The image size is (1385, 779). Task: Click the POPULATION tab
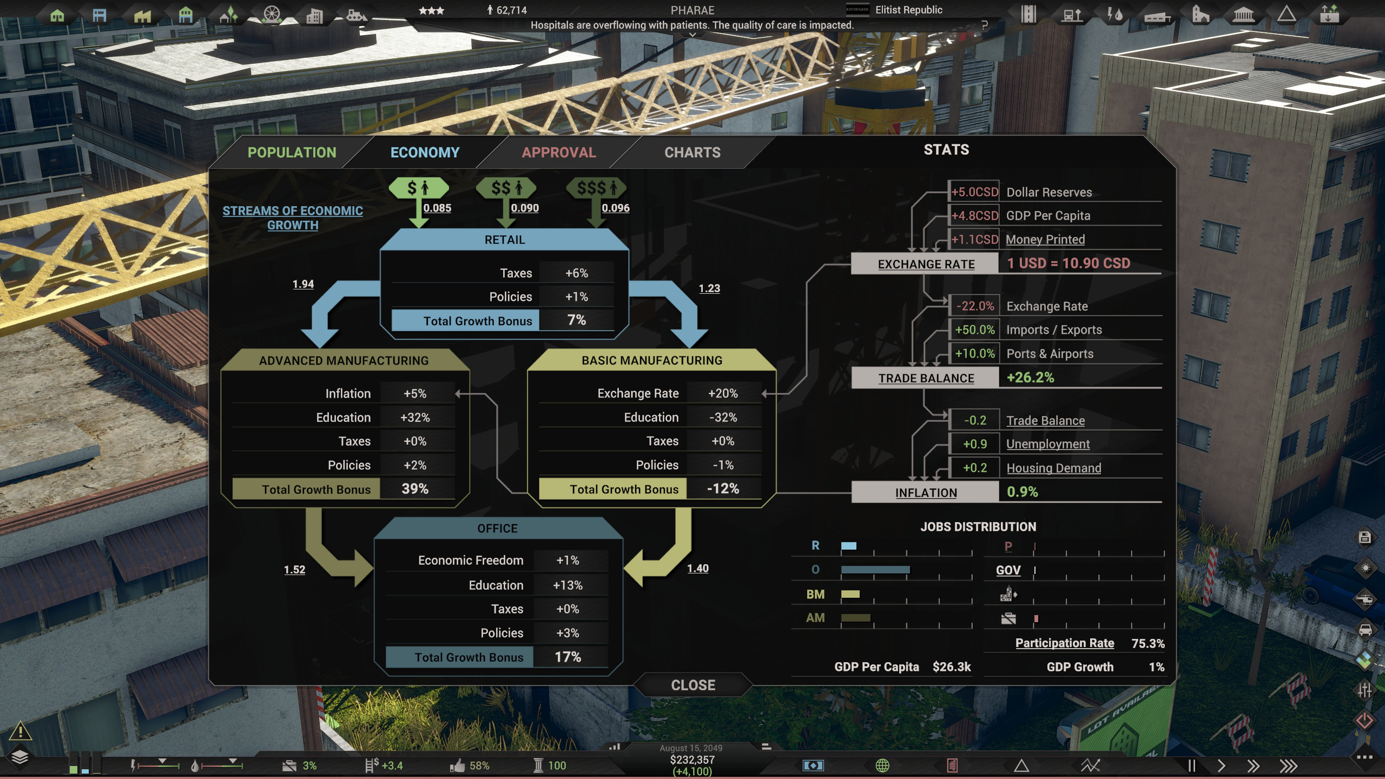[292, 153]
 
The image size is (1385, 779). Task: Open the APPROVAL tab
[558, 153]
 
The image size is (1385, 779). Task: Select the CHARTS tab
[692, 153]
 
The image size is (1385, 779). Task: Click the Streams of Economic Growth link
[293, 217]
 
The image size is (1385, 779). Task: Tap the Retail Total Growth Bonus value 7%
[576, 320]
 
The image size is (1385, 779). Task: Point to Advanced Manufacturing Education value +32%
[415, 418]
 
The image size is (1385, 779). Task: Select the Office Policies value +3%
[568, 633]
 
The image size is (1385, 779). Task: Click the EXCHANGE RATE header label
[926, 264]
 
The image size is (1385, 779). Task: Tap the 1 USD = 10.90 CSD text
[1068, 263]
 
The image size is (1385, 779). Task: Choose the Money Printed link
[1045, 240]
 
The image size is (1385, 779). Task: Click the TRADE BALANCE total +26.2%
[1030, 378]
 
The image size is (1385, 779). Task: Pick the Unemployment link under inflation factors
[1047, 444]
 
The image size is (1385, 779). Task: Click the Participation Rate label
[1064, 643]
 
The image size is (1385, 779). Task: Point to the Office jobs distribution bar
[875, 570]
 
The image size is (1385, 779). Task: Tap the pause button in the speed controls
[1191, 765]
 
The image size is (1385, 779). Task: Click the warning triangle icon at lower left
[20, 731]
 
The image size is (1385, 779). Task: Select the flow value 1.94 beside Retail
[303, 284]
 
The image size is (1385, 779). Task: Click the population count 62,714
[511, 10]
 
